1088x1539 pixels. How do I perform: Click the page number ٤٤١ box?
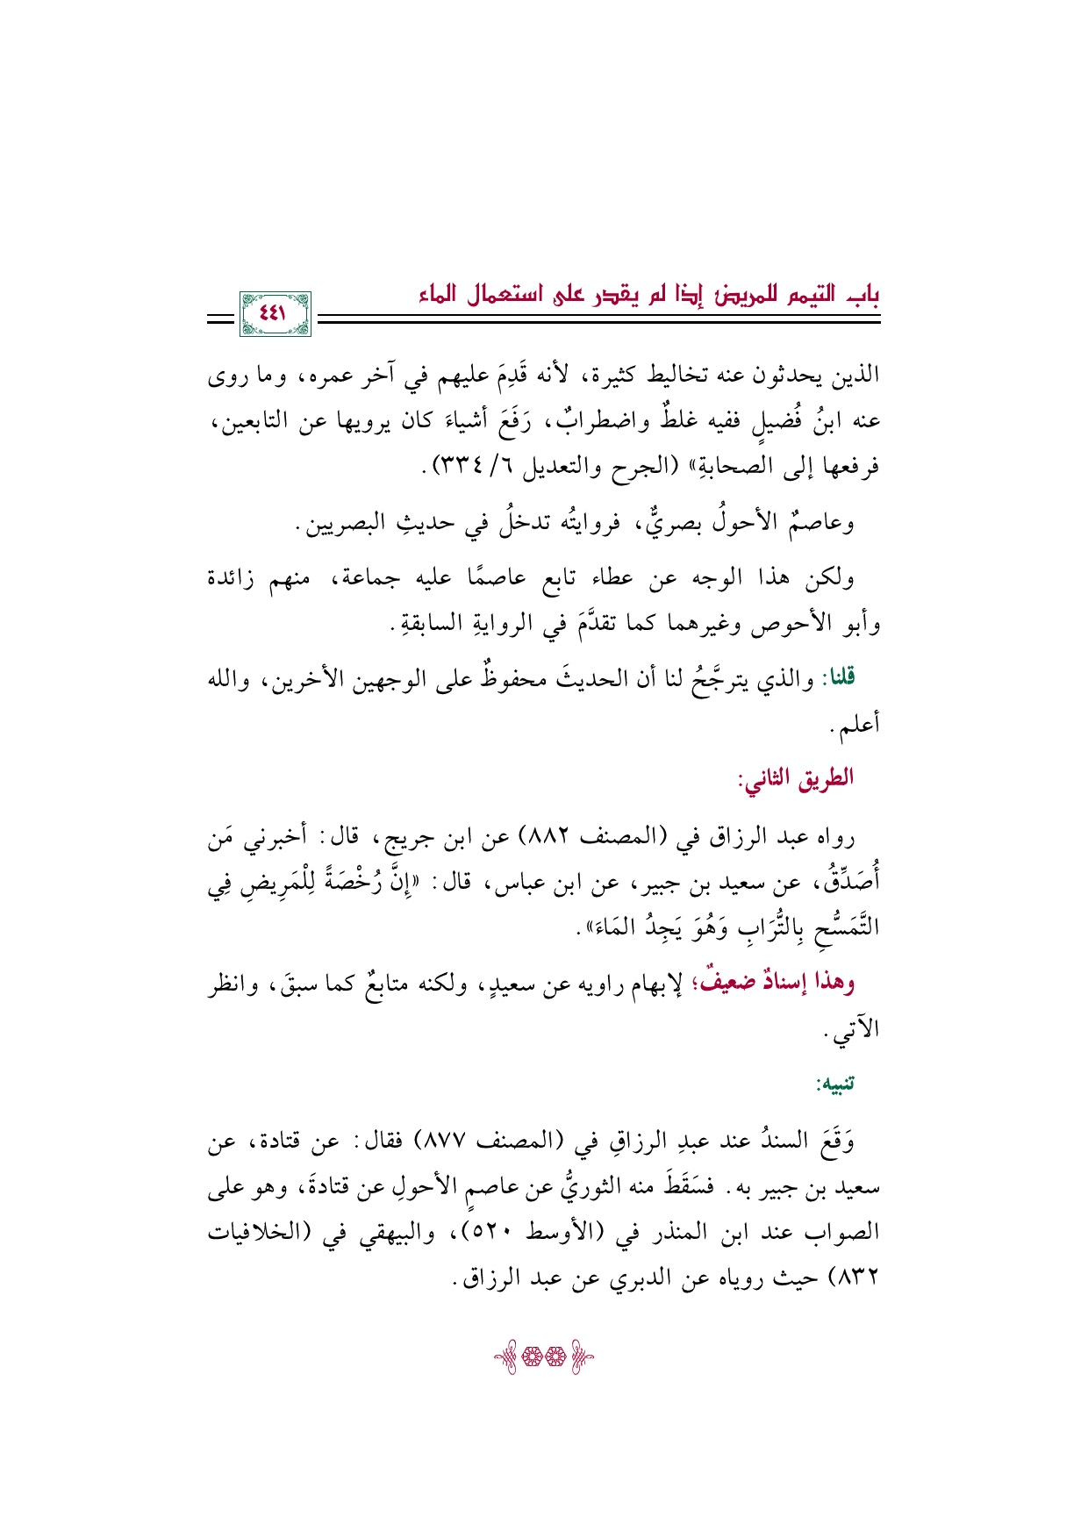click(275, 314)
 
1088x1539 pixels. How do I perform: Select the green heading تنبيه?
click(835, 1085)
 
